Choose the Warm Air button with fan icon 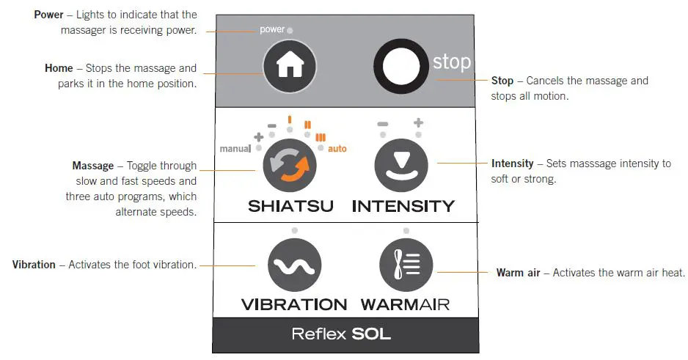click(x=406, y=265)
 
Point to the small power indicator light click(x=290, y=31)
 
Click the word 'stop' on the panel click(x=451, y=62)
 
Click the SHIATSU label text click(x=290, y=207)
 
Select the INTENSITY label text click(x=403, y=207)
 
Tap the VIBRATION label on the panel click(x=294, y=304)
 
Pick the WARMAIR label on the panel click(x=406, y=304)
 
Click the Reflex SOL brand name click(x=341, y=334)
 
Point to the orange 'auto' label click(x=337, y=149)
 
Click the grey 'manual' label click(x=235, y=149)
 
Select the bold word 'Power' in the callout click(x=48, y=15)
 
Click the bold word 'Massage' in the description click(x=92, y=166)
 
